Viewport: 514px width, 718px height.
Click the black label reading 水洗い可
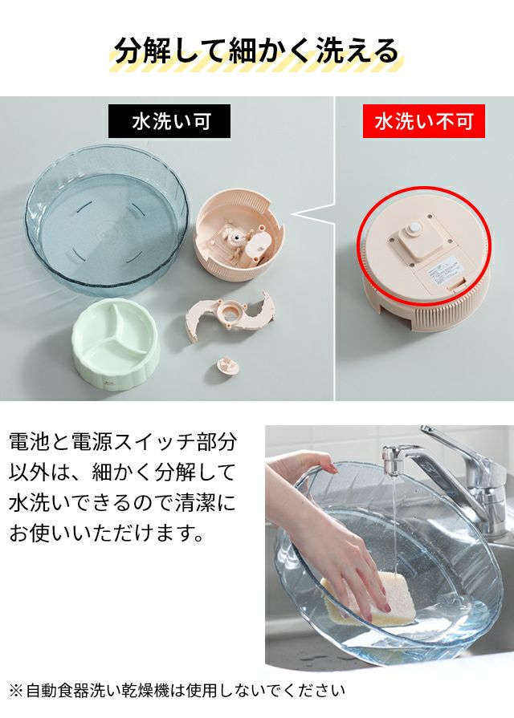click(169, 121)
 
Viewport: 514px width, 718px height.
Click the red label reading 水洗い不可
click(424, 121)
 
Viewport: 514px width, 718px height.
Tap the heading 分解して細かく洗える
click(256, 51)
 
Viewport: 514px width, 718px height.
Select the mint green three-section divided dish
click(115, 341)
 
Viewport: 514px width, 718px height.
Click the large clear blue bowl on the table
click(106, 221)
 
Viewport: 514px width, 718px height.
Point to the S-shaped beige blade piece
click(230, 314)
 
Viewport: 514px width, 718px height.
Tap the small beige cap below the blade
click(228, 365)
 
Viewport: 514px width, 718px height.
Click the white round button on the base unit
click(416, 226)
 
